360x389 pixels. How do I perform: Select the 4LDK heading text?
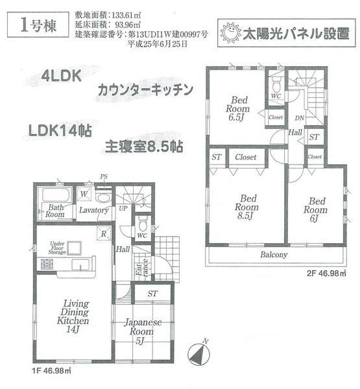[x=62, y=76]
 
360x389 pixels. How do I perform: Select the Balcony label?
[x=273, y=255]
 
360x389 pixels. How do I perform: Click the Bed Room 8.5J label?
[x=248, y=207]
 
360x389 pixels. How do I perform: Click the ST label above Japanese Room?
[x=152, y=294]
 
